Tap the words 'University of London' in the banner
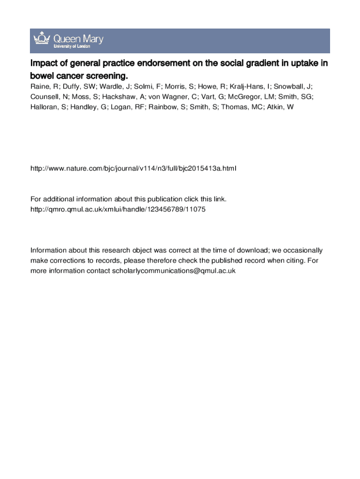coord(72,46)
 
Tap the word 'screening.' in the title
coord(107,75)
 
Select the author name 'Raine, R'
coord(44,87)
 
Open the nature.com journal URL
coord(133,168)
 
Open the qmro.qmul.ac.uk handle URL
coord(118,210)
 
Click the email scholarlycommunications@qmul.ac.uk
coord(173,271)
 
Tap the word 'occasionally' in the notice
coord(302,250)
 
